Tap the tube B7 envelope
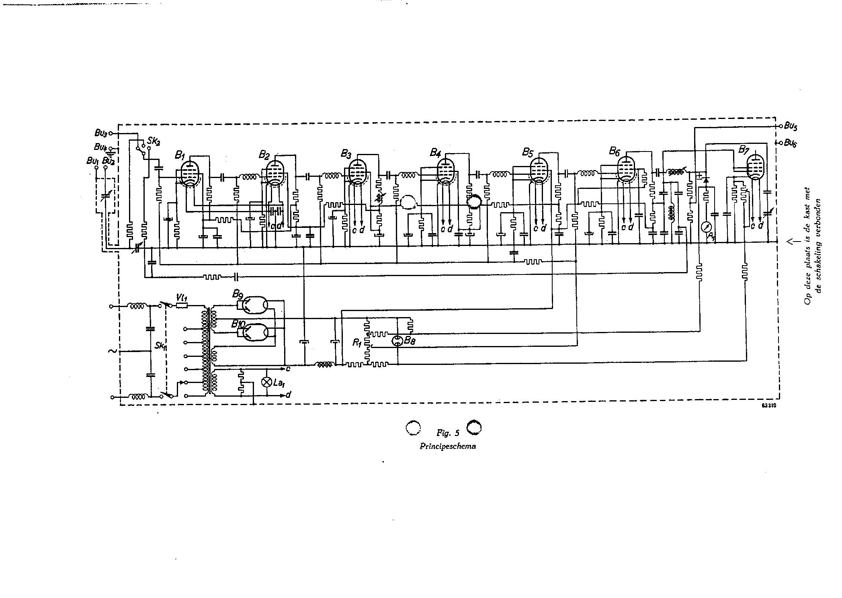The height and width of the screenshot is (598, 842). click(756, 169)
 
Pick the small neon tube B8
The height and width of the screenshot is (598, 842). click(397, 342)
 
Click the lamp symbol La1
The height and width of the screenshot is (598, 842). click(266, 382)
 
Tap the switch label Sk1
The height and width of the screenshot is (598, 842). click(160, 346)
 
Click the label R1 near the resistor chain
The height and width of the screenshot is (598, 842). click(356, 343)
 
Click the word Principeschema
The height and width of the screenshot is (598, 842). click(448, 446)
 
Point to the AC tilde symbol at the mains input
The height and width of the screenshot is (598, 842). click(113, 351)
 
